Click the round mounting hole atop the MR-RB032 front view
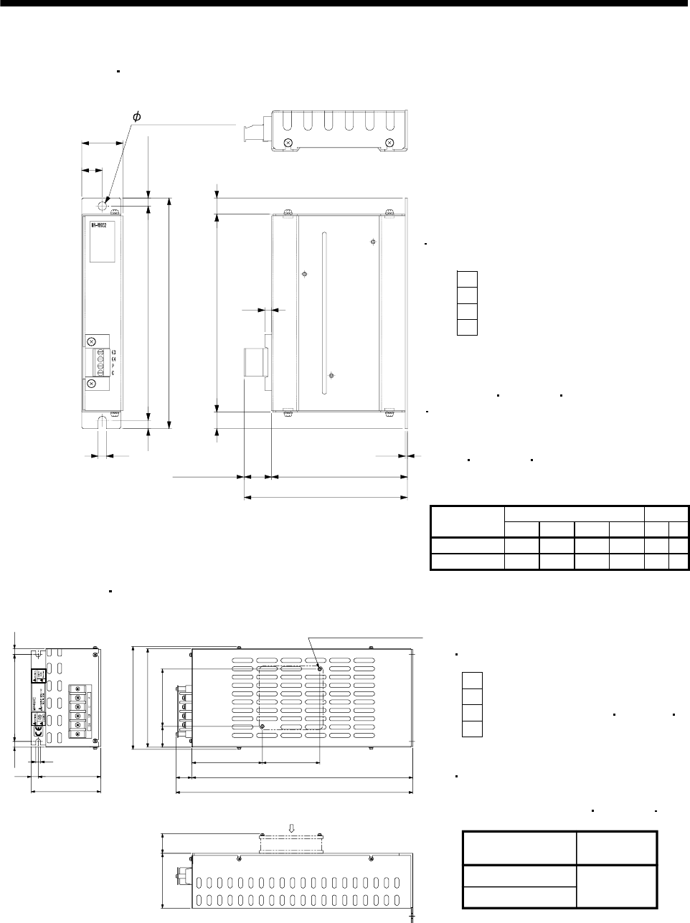[x=103, y=205]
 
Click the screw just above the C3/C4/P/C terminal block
[x=93, y=341]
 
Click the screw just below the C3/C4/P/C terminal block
[x=93, y=384]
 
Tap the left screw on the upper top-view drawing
[x=288, y=142]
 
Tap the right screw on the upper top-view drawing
[x=389, y=142]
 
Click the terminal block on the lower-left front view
[x=77, y=707]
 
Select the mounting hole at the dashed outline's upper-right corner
[x=320, y=668]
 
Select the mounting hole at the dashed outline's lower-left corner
[x=262, y=726]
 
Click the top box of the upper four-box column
[x=467, y=278]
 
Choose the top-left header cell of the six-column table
[x=466, y=521]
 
